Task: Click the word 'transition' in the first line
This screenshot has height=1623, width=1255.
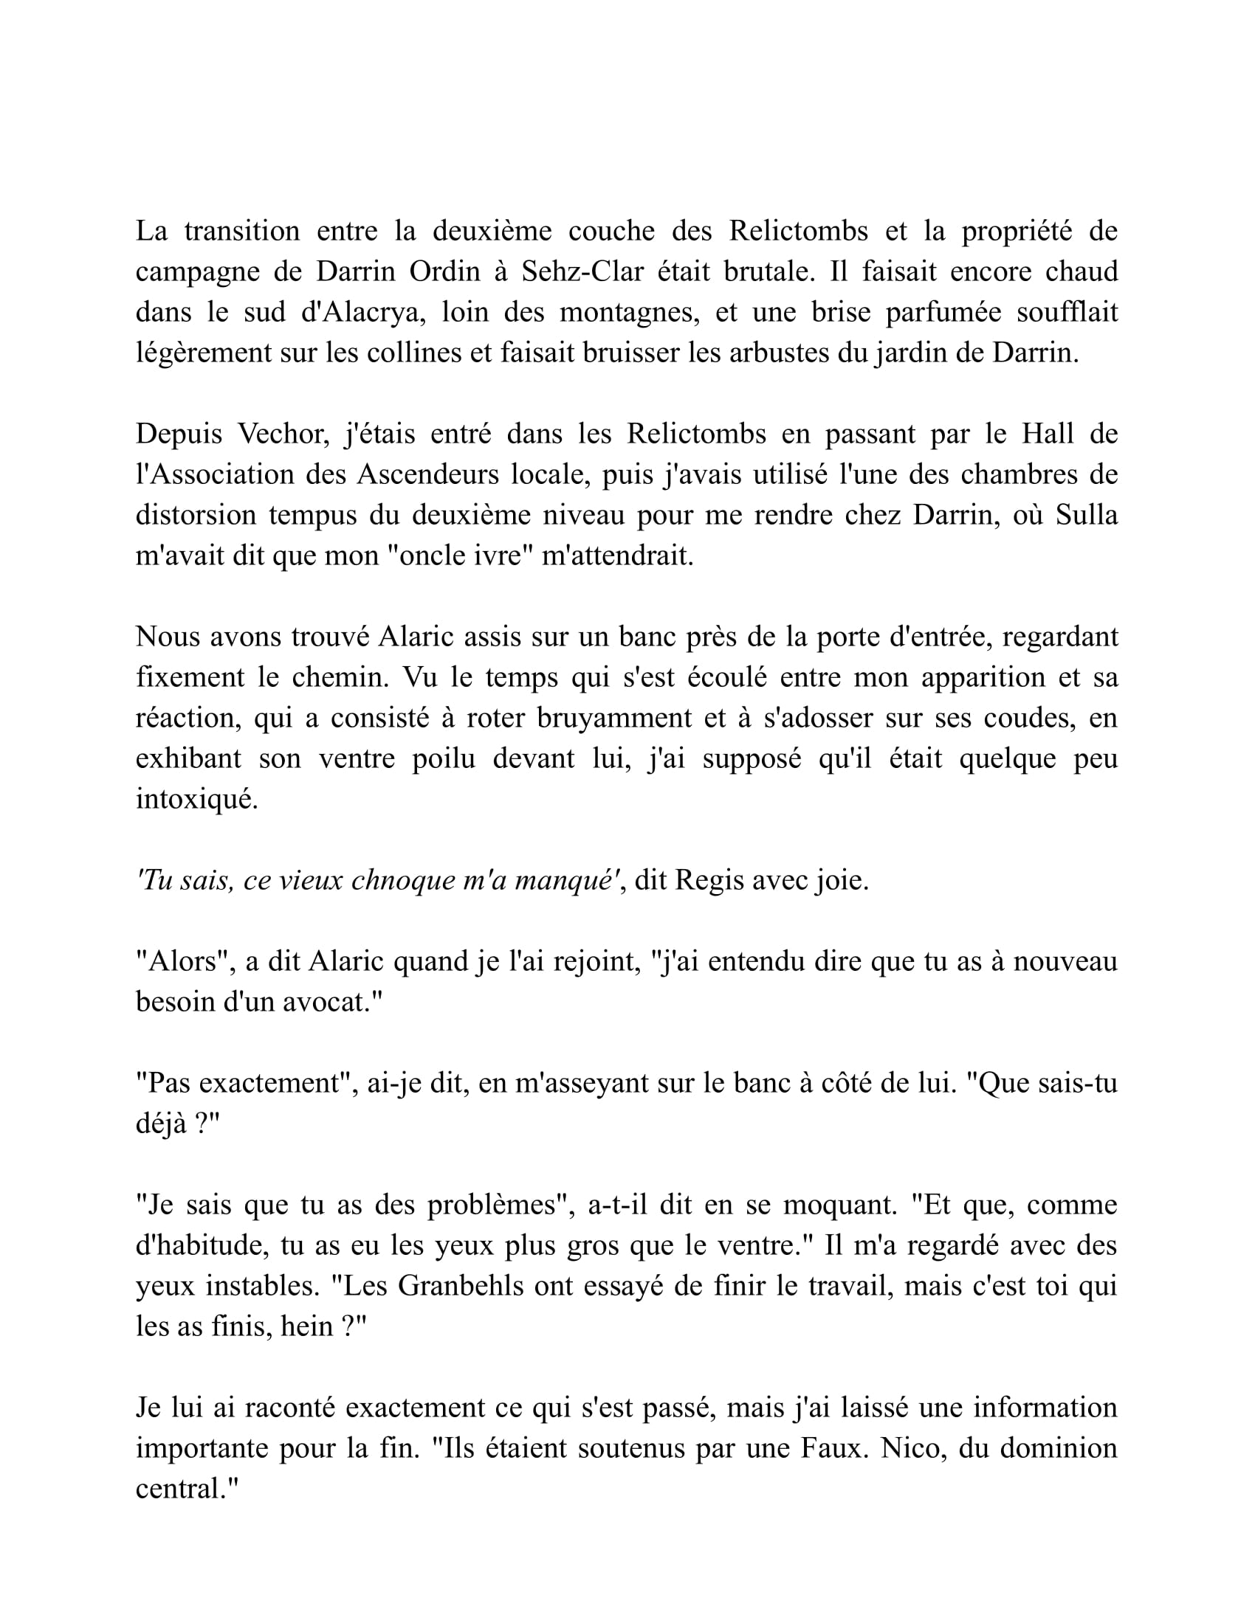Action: click(241, 231)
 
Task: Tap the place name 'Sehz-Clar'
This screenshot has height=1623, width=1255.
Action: click(582, 271)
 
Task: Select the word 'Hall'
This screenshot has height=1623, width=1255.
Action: click(1048, 433)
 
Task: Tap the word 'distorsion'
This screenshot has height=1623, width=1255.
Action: click(196, 515)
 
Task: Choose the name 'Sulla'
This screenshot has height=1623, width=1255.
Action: click(1086, 515)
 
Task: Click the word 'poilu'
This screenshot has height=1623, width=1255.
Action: click(443, 758)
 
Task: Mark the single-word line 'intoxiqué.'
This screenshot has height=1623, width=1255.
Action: click(196, 799)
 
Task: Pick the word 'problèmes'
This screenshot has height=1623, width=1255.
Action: click(492, 1205)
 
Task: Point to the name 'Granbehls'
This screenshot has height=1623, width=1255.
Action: click(462, 1286)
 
